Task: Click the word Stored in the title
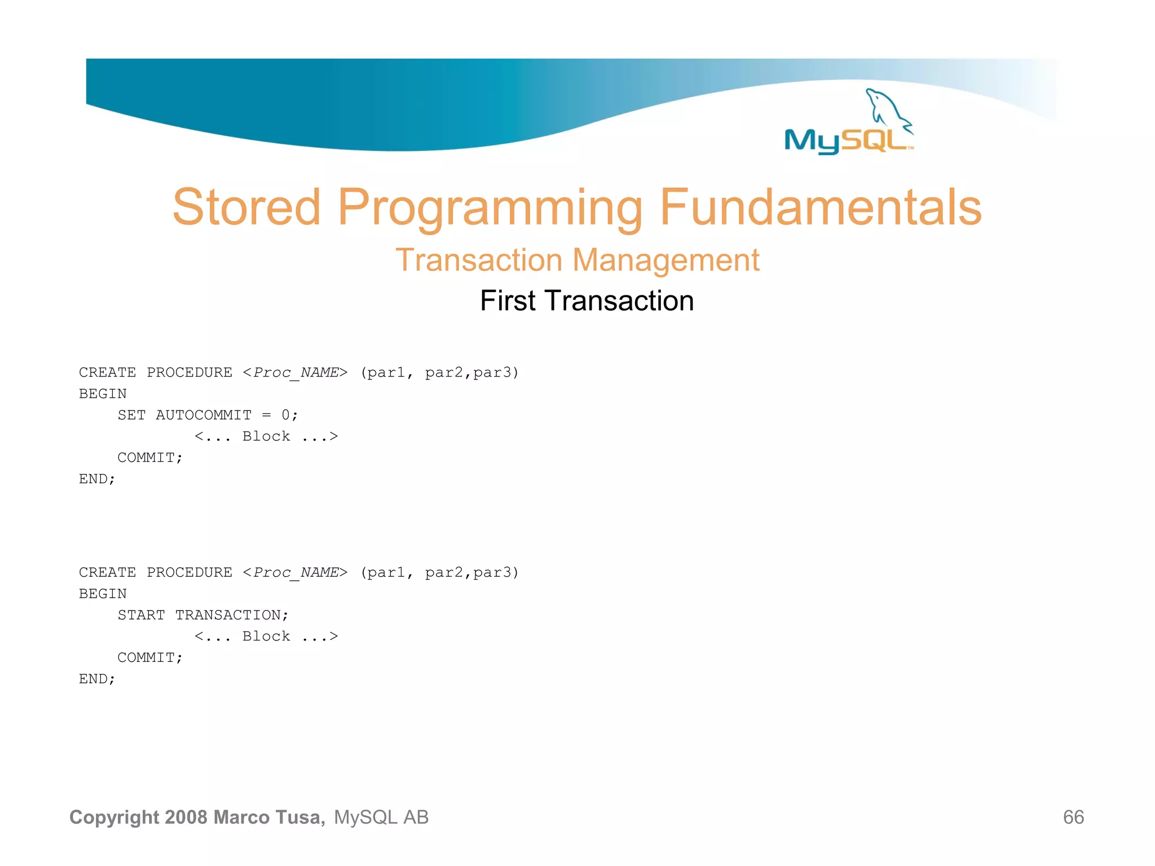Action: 246,207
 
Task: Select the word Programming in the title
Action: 490,209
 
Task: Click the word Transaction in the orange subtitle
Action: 479,260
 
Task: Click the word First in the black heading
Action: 507,301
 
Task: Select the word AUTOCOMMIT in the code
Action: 204,415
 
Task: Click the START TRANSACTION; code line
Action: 203,615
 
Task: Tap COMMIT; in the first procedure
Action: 150,458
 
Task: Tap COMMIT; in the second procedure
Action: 150,658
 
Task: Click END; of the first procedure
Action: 97,479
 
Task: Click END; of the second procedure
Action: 97,679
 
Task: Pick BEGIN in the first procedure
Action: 103,394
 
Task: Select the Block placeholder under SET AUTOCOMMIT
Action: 266,436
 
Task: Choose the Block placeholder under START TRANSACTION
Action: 266,637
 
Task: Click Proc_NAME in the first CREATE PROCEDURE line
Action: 296,373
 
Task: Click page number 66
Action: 1073,817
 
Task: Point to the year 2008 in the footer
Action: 186,817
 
